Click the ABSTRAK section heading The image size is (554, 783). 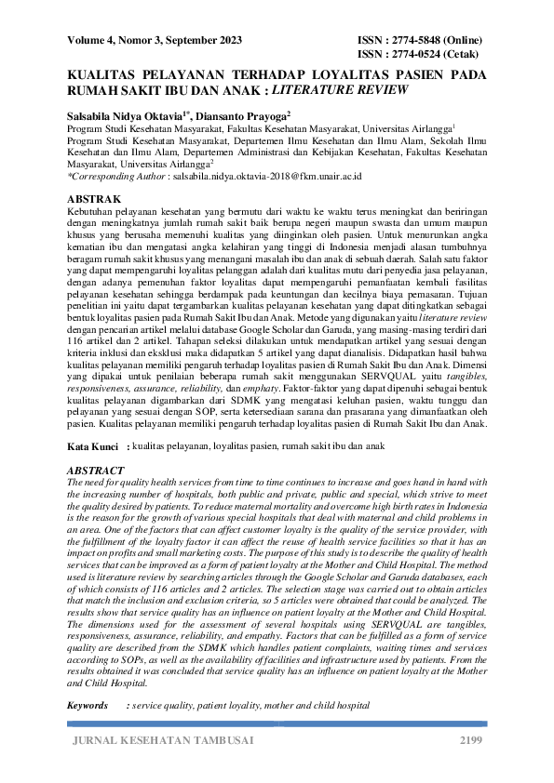(x=95, y=199)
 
